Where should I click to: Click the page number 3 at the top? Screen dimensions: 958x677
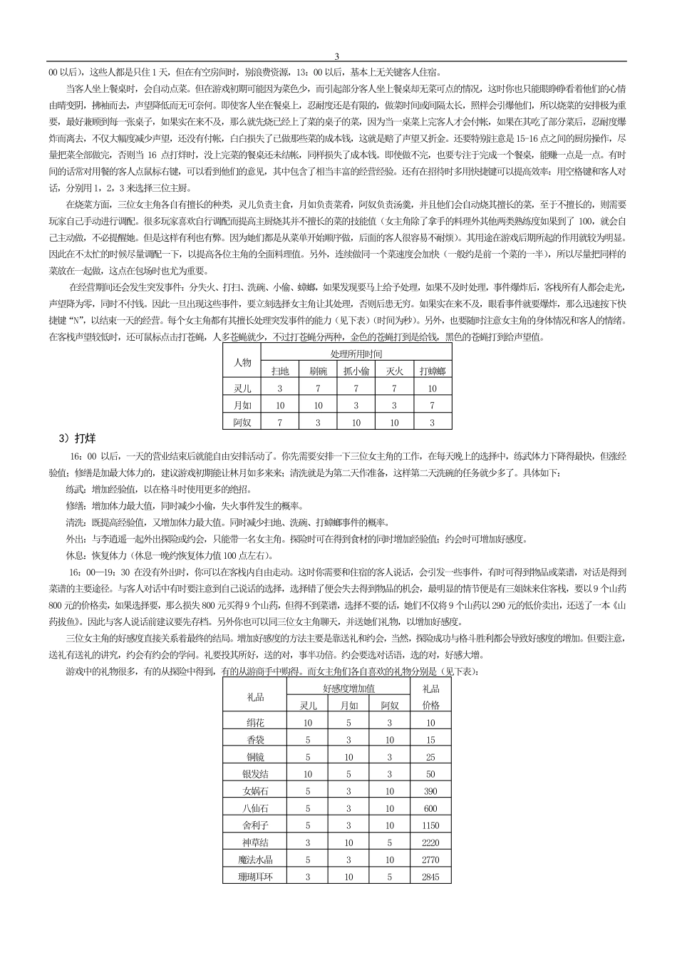[337, 56]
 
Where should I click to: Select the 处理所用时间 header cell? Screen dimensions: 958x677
[356, 354]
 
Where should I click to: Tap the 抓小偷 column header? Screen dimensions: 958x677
[356, 371]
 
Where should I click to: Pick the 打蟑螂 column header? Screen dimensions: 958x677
[432, 371]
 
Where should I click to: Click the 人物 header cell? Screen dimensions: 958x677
[242, 362]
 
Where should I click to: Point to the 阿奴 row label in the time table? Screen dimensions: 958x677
[242, 423]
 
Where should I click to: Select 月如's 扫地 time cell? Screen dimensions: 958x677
[280, 406]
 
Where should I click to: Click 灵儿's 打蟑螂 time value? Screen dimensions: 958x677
[432, 388]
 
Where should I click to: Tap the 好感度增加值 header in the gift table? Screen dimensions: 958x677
[348, 688]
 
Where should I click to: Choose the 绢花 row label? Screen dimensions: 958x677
[255, 722]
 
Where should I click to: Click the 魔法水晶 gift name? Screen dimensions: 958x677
[255, 860]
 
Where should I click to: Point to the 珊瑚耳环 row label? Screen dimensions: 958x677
[255, 877]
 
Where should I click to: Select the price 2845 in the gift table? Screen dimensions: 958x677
[430, 877]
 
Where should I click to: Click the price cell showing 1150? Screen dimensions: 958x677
[430, 825]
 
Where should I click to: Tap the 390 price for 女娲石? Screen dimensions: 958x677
[430, 791]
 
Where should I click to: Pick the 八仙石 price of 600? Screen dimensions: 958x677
[430, 808]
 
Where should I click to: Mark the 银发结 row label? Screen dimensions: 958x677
[255, 773]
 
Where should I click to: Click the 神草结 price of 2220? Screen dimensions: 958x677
[430, 843]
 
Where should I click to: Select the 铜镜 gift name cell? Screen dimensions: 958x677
[255, 756]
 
